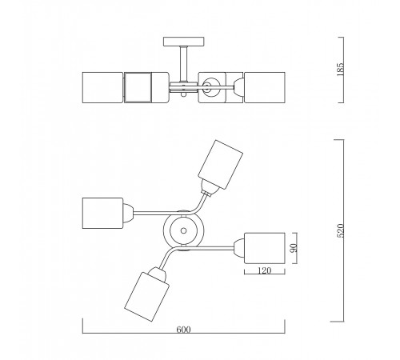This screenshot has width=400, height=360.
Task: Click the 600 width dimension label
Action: point(183,330)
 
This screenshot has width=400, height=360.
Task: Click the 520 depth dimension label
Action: point(341,230)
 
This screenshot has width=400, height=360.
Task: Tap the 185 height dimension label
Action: point(341,70)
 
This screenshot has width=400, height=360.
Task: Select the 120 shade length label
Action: point(264,270)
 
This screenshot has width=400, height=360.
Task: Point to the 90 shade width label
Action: point(294,248)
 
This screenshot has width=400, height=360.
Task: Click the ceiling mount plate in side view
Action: point(184,42)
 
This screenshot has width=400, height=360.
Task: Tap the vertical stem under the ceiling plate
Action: point(183,64)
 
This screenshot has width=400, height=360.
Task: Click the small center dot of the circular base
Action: point(183,230)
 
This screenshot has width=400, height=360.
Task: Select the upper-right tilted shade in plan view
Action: point(220,165)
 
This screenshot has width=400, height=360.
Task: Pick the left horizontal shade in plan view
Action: point(102,213)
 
